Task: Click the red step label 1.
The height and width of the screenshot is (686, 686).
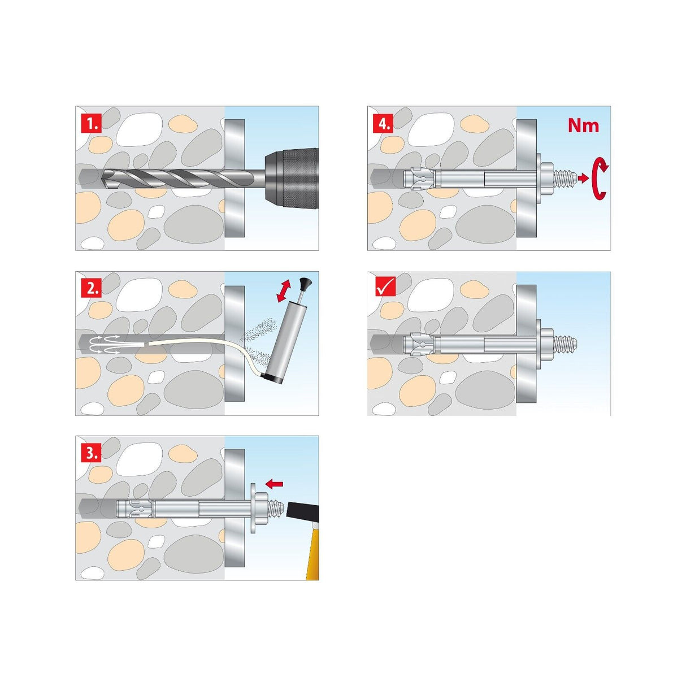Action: click(x=90, y=123)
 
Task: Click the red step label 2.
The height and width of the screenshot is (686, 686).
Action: click(x=90, y=288)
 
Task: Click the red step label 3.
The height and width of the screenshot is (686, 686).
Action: click(x=90, y=453)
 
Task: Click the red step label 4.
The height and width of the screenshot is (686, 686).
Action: click(x=382, y=123)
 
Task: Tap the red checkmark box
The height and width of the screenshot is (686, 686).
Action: click(x=382, y=286)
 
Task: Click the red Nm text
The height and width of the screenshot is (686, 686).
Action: click(x=583, y=125)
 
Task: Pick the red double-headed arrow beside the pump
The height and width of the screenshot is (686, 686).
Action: click(x=284, y=290)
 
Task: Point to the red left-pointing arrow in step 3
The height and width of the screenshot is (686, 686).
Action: click(x=275, y=483)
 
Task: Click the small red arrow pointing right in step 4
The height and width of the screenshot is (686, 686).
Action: click(x=580, y=180)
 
